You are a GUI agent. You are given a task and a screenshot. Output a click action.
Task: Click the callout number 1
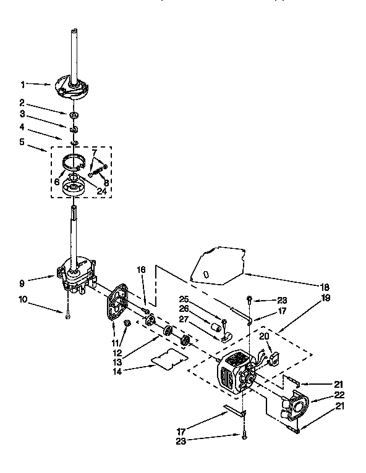[23, 84]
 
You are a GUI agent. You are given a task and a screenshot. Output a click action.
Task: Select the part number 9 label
[23, 285]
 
